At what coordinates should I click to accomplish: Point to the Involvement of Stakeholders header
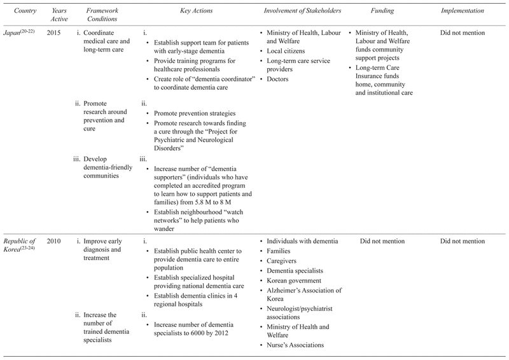[301, 11]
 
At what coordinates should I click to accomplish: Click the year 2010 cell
[53, 241]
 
